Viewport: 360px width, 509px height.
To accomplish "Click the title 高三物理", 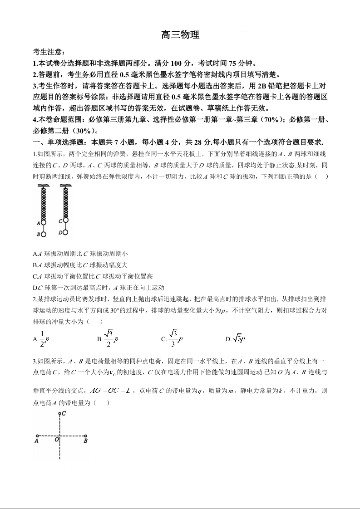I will pos(180,35).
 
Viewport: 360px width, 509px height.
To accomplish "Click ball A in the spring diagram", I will pos(44,223).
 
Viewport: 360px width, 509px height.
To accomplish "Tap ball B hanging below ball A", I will pos(44,235).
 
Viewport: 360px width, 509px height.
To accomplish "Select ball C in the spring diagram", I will pos(65,220).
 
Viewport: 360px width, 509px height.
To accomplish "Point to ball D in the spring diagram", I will pos(65,232).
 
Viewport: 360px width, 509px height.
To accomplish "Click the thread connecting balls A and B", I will pos(44,229).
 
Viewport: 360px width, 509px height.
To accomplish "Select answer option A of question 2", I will pos(41,338).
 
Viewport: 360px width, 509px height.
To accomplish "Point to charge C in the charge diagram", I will pos(59,414).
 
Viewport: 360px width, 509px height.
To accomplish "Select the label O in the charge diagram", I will pos(56,440).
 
